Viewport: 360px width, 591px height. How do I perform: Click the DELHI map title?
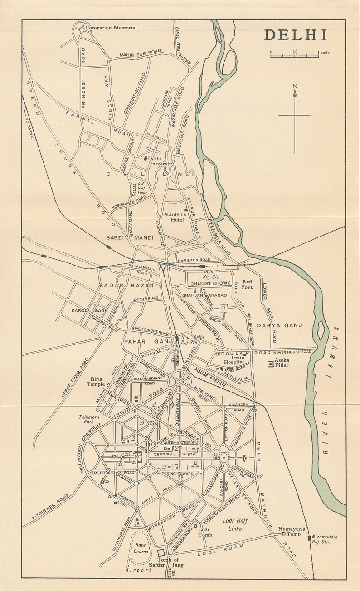(295, 35)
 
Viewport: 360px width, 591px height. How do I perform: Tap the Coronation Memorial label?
(111, 28)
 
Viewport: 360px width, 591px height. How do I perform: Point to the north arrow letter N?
(295, 87)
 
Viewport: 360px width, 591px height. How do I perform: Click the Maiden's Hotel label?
(174, 217)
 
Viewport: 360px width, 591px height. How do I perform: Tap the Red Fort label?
(247, 285)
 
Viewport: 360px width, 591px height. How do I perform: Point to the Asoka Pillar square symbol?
(271, 363)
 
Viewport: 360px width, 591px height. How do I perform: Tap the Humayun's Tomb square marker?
(283, 534)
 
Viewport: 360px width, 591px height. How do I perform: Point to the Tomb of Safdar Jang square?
(161, 552)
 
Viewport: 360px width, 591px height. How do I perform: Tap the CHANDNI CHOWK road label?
(210, 283)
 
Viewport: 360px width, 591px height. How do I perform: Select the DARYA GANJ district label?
(279, 325)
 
